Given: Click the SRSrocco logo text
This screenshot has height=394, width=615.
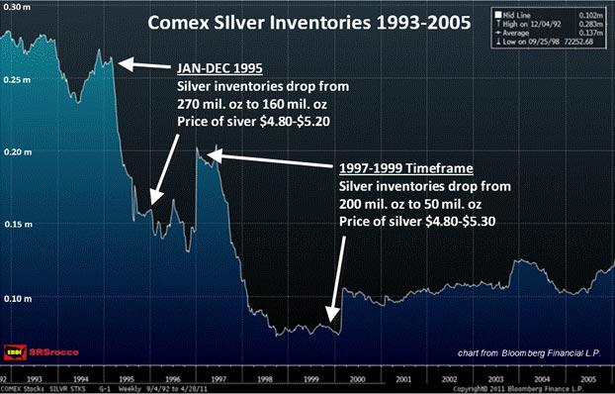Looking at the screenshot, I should tap(51, 351).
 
